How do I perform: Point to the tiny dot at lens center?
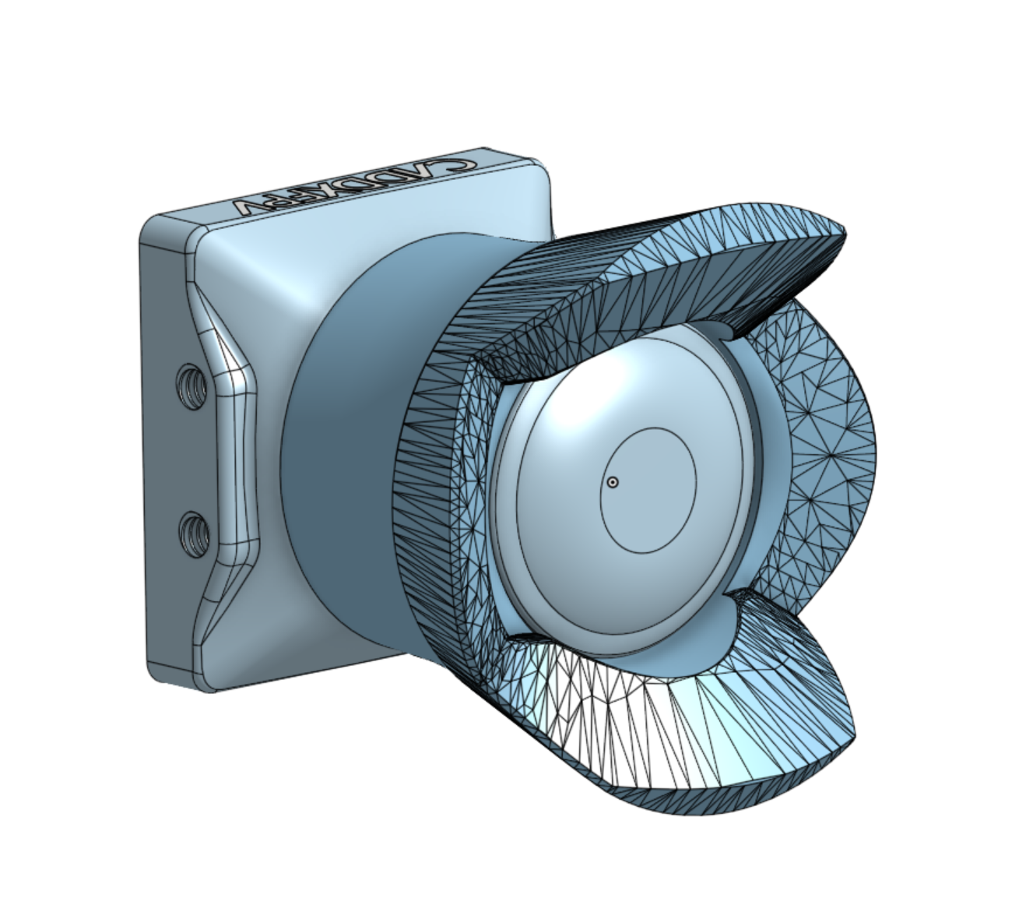click(613, 482)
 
